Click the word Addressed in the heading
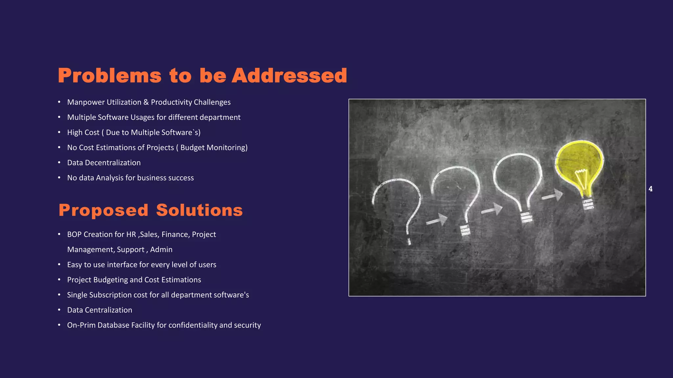pos(289,75)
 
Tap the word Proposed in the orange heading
pos(103,210)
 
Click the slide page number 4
pos(650,189)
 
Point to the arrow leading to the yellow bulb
pos(552,196)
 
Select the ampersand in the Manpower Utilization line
pos(146,102)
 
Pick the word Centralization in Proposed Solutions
pos(108,310)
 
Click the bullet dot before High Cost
pos(59,132)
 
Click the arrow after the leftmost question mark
pos(437,220)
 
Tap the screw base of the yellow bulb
pos(588,204)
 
